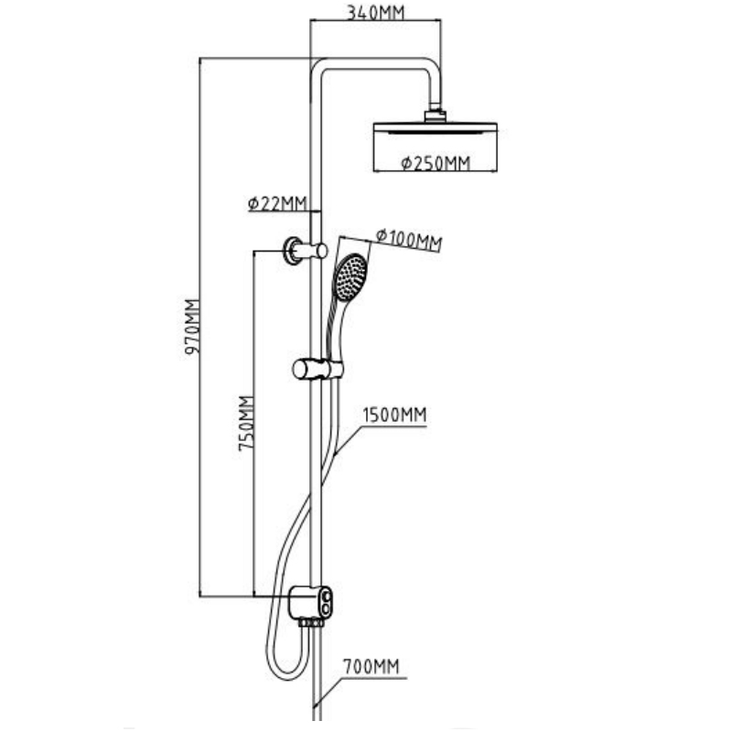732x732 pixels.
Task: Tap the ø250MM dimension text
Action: point(436,164)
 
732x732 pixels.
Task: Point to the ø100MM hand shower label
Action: point(409,239)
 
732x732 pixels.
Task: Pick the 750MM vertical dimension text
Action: point(244,425)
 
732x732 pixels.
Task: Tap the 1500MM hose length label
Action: point(394,414)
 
